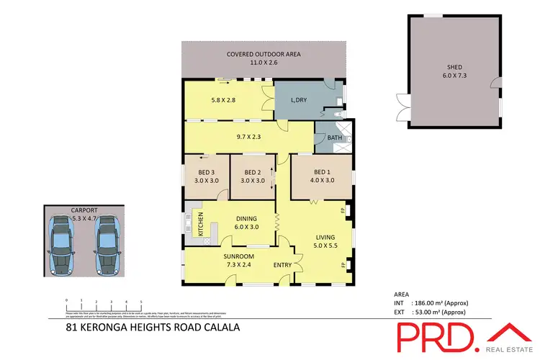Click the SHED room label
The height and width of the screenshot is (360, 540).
tap(454, 69)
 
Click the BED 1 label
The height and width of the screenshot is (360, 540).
tap(321, 172)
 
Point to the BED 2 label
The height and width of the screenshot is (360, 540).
tap(252, 173)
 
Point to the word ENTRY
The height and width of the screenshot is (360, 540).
tap(282, 265)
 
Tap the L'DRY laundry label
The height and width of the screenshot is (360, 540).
tap(297, 100)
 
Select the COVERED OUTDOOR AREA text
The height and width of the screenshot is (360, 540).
tap(264, 54)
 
